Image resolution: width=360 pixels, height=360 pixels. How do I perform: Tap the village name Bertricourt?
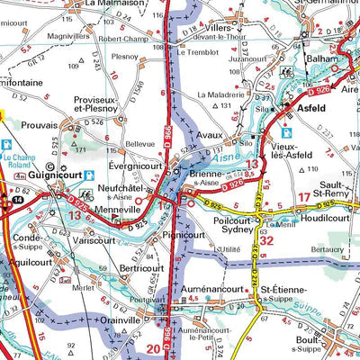[x=123, y=268]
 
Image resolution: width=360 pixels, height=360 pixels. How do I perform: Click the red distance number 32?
[x=266, y=239]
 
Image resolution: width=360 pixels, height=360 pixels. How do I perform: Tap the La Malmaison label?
[x=114, y=4]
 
